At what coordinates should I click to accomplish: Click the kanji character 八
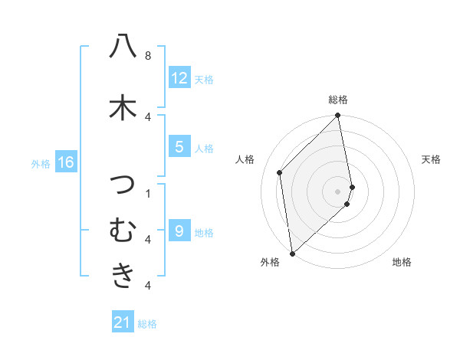(123, 47)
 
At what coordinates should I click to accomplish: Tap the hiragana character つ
(123, 185)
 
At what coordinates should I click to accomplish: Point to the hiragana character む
(123, 229)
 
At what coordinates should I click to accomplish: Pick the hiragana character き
(123, 274)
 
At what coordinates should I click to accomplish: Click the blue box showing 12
(179, 78)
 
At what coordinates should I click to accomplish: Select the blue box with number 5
(179, 147)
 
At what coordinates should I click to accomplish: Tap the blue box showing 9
(179, 231)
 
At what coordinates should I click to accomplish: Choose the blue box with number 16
(66, 162)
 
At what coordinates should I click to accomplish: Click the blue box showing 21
(123, 323)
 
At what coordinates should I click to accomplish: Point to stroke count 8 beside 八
(148, 56)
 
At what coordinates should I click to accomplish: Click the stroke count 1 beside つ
(148, 193)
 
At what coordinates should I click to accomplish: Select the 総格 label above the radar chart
(338, 100)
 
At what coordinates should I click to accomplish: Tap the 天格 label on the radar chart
(431, 159)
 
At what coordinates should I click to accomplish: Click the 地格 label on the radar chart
(402, 263)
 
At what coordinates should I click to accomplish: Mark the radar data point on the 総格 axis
(338, 116)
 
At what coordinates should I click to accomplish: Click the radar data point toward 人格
(280, 172)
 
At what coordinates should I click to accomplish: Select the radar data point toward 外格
(292, 253)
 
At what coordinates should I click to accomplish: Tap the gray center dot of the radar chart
(338, 191)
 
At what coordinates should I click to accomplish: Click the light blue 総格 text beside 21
(147, 324)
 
